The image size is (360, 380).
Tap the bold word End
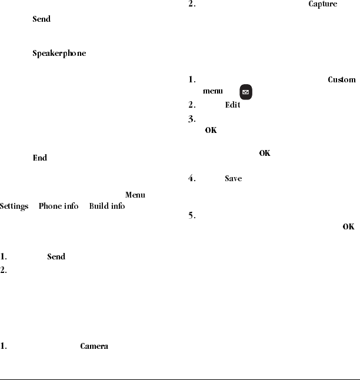coord(39,158)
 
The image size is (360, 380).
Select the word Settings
coord(14,206)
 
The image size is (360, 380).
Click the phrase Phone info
coord(58,206)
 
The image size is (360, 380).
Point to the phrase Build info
coord(106,206)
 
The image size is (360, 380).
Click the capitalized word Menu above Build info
coord(135,195)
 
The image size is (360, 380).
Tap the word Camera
coord(94,346)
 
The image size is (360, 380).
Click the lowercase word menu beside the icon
coord(213,91)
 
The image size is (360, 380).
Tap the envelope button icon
coord(246,92)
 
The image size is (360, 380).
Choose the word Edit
coord(232,105)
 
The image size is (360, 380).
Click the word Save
coord(233,178)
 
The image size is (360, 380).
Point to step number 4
coord(192,178)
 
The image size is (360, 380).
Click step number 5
coord(192,215)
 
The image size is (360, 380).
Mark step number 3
coord(192,118)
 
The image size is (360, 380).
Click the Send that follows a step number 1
coord(56,256)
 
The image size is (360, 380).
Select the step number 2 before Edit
coord(192,105)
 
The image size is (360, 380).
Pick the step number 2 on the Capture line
coord(192,5)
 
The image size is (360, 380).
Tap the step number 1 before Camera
coord(4,346)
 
